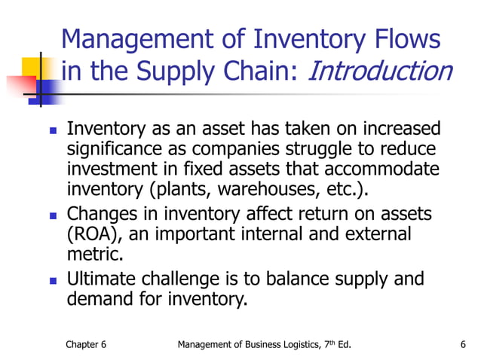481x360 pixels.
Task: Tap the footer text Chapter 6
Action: point(86,345)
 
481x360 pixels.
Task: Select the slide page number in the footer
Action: point(462,345)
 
